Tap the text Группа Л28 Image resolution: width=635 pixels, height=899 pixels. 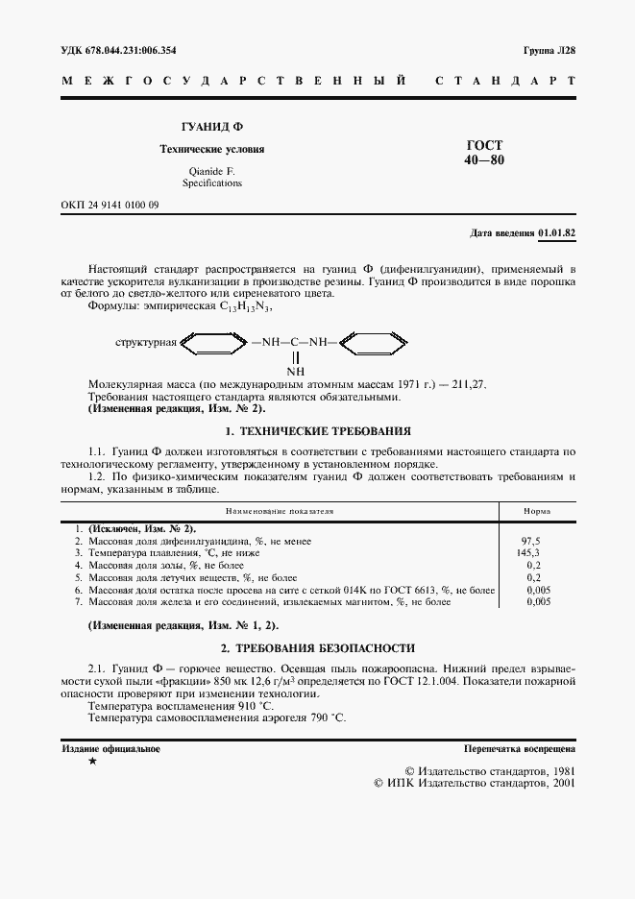coord(549,50)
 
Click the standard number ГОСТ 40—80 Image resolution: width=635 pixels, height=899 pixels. coord(483,152)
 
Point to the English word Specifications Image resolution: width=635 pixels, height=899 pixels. coord(211,182)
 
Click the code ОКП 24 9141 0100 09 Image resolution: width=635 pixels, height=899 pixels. coord(110,206)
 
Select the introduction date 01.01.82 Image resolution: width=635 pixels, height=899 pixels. coord(557,232)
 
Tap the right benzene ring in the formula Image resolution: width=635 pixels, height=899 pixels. coord(375,341)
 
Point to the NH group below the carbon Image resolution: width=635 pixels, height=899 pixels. coord(295,371)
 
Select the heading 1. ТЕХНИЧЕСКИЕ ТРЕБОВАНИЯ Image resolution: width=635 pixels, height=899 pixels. coord(317,431)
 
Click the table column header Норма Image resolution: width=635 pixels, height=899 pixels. coord(536,512)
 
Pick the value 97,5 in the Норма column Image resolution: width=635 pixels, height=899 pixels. coord(530,542)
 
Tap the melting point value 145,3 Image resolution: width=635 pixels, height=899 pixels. coord(530,553)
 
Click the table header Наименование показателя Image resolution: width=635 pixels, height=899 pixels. coord(280,512)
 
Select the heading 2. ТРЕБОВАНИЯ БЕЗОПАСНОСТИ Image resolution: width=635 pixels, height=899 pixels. coord(317,648)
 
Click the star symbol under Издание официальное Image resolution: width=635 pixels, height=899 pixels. coord(91,762)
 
